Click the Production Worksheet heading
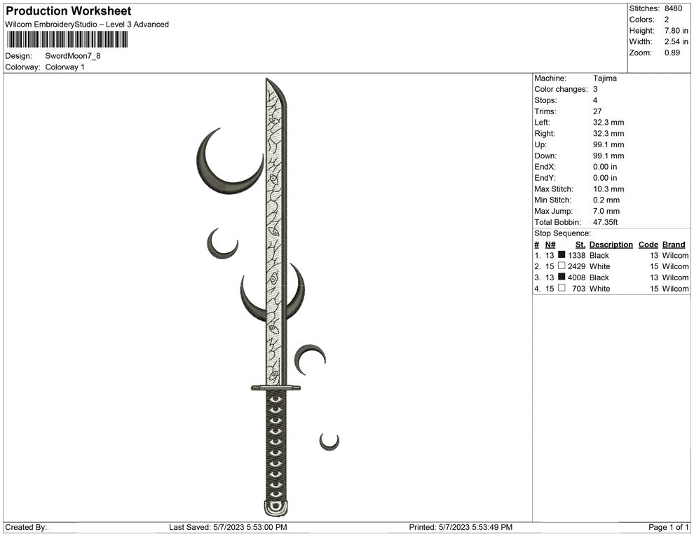pyautogui.click(x=69, y=11)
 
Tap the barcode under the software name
pyautogui.click(x=67, y=40)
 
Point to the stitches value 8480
pyautogui.click(x=673, y=8)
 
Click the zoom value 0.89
pyautogui.click(x=672, y=53)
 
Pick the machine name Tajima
pyautogui.click(x=605, y=78)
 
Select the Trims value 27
pyautogui.click(x=598, y=111)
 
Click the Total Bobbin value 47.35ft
pyautogui.click(x=607, y=222)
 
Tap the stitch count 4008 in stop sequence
pyautogui.click(x=577, y=278)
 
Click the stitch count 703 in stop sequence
pyautogui.click(x=579, y=289)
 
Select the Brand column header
pyautogui.click(x=673, y=245)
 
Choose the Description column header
pyautogui.click(x=611, y=245)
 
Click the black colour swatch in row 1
pyautogui.click(x=562, y=256)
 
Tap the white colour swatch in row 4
pyautogui.click(x=562, y=289)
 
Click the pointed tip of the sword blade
pyautogui.click(x=268, y=81)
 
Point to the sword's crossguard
pyautogui.click(x=275, y=388)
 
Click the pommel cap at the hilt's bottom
pyautogui.click(x=275, y=509)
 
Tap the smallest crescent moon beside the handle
pyautogui.click(x=328, y=442)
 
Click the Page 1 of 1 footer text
pyautogui.click(x=669, y=527)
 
